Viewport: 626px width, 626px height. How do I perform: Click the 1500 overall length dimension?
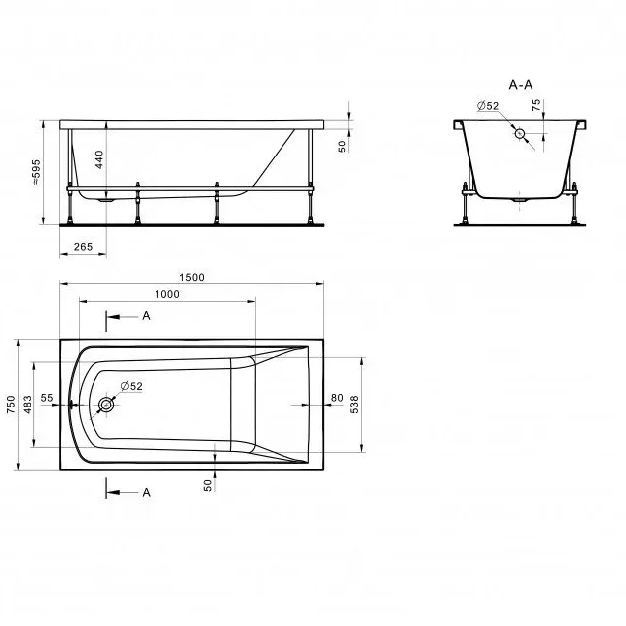(192, 277)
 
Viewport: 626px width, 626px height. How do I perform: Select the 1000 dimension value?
(167, 294)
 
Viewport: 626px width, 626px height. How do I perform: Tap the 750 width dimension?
(11, 405)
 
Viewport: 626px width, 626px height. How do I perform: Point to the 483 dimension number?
(28, 405)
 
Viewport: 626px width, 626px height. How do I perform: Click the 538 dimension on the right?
(354, 405)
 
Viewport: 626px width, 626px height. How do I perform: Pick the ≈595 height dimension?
(36, 172)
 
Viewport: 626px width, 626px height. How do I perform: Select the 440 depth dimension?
(99, 159)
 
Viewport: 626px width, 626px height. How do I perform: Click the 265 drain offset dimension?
(83, 247)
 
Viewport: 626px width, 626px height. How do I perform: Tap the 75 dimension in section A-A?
(536, 105)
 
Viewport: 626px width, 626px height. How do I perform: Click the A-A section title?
(521, 85)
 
